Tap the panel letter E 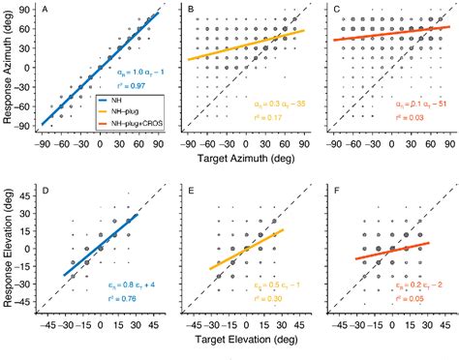[x=191, y=193]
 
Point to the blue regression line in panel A [x=97, y=68]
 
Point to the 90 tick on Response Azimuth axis [x=26, y=14]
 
